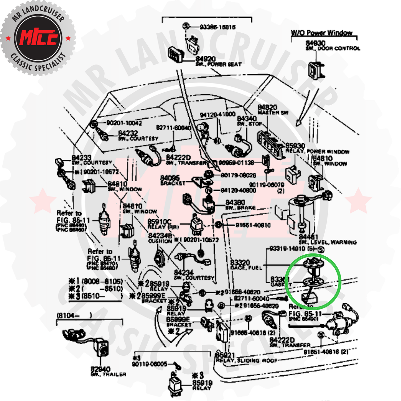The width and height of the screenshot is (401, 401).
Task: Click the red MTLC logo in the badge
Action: [x=39, y=37]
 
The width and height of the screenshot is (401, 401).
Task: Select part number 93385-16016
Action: [x=217, y=27]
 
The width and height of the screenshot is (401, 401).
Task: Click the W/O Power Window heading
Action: [x=321, y=33]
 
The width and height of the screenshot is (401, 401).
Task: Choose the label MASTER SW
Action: [x=273, y=113]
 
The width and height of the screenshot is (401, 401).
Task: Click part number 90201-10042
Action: [x=124, y=123]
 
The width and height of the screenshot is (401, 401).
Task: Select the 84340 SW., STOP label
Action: [x=248, y=121]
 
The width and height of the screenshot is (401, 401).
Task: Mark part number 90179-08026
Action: [x=238, y=175]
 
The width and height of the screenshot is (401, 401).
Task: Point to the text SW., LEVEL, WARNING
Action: [x=328, y=242]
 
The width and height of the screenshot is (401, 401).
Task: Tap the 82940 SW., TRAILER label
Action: [x=108, y=372]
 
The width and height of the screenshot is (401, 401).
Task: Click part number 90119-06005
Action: [x=149, y=364]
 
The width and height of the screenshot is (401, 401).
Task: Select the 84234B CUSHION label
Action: [x=160, y=238]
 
